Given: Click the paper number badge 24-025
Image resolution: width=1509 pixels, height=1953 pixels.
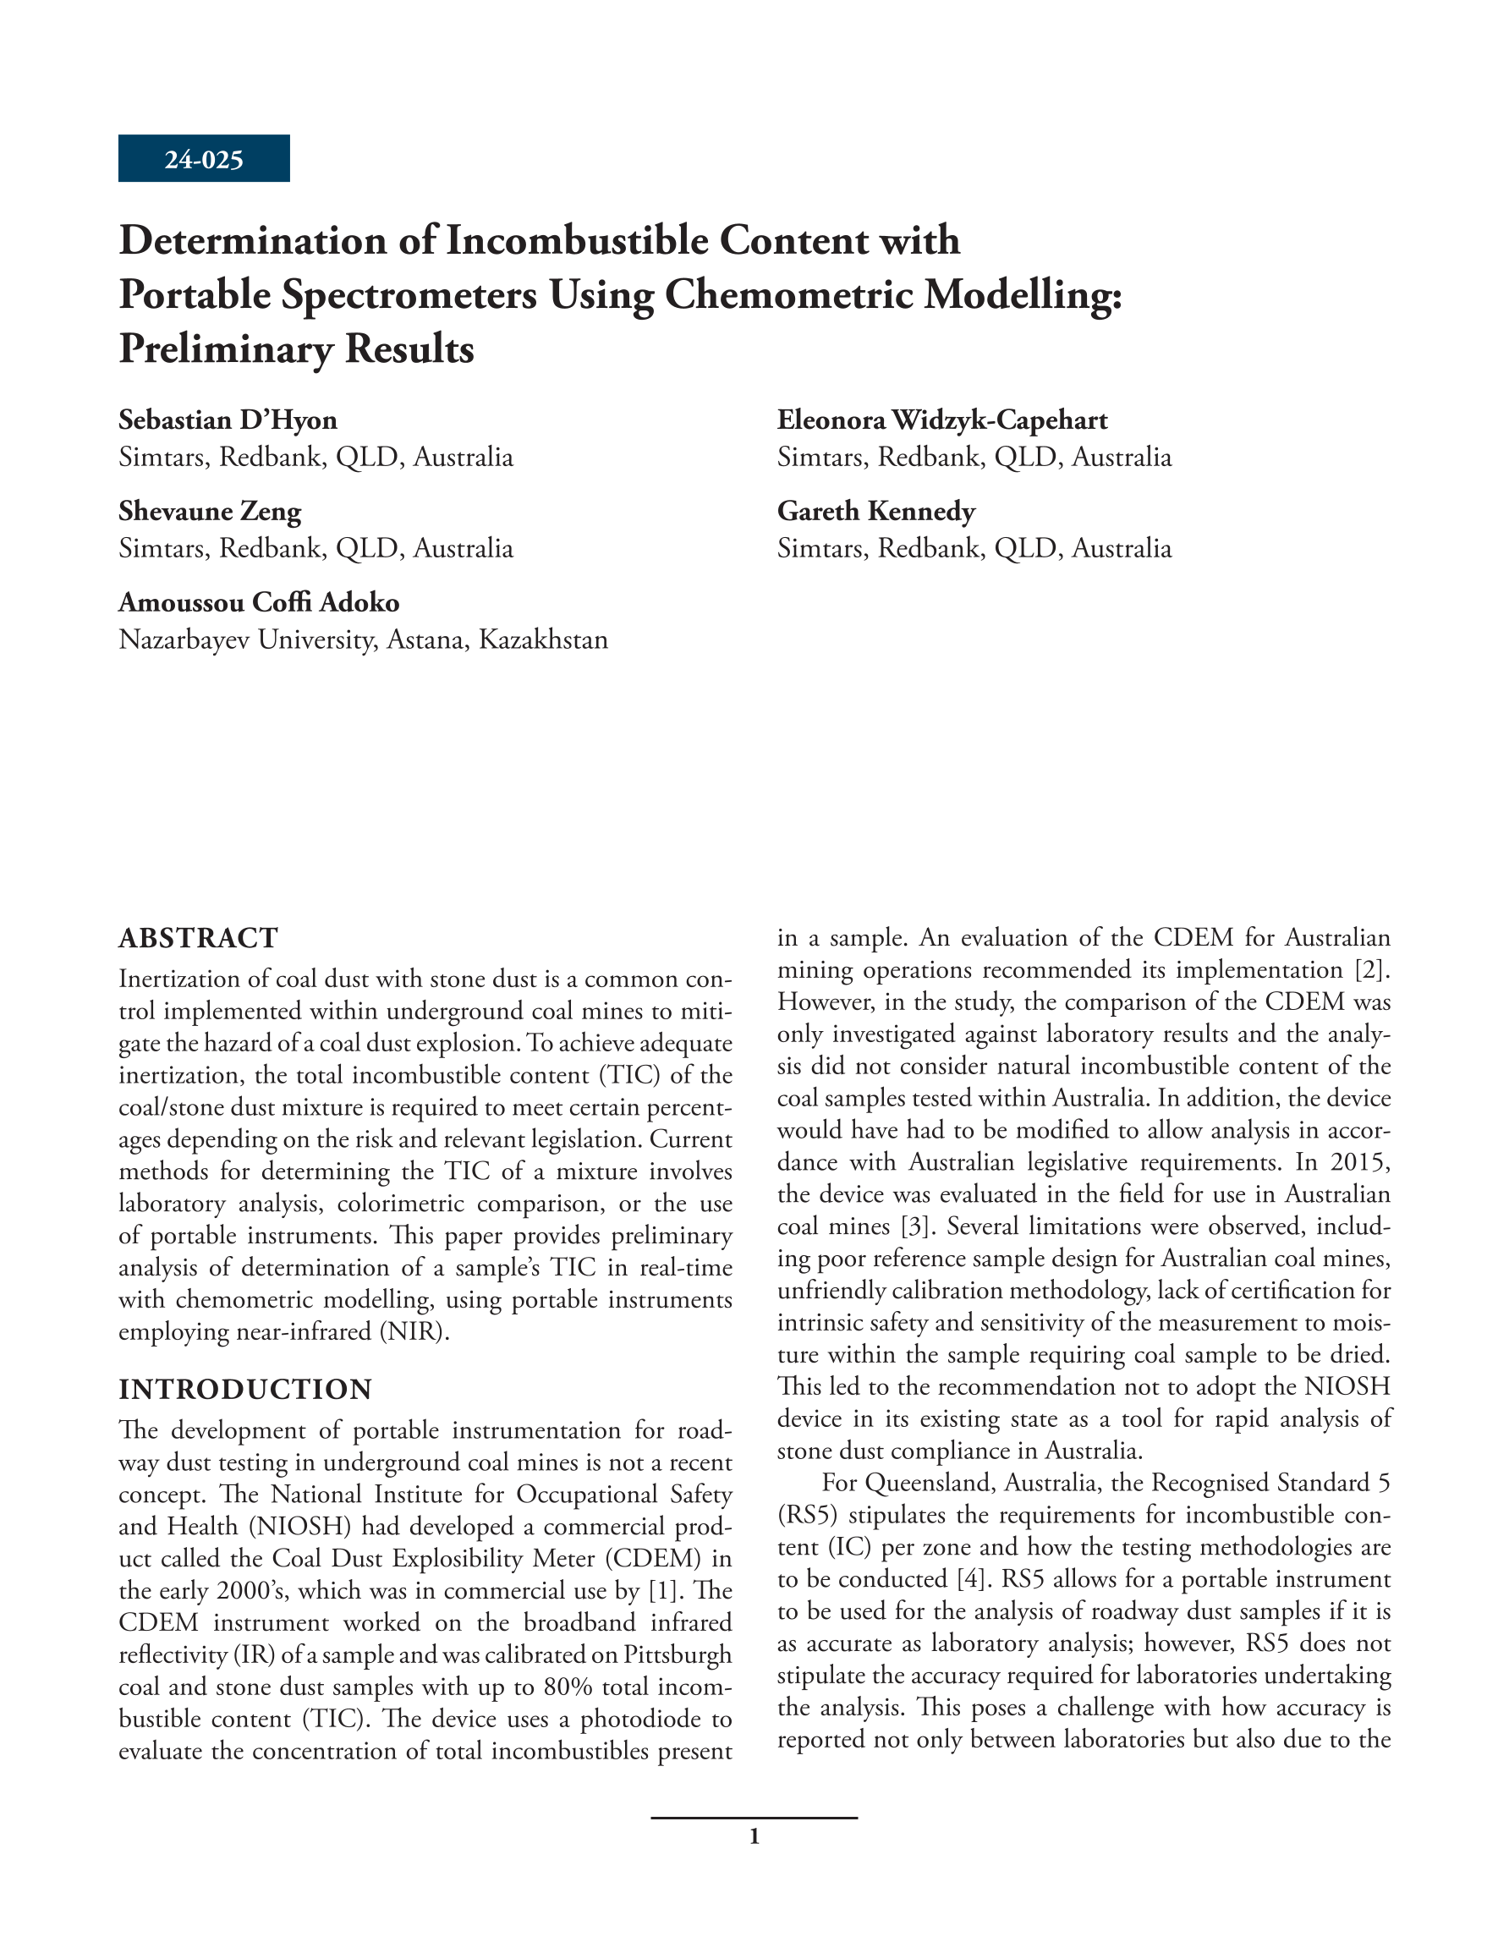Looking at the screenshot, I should [x=204, y=159].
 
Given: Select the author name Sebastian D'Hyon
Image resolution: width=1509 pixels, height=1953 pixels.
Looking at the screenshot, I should [x=228, y=420].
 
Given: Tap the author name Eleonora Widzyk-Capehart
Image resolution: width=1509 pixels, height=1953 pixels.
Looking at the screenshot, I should [x=942, y=420].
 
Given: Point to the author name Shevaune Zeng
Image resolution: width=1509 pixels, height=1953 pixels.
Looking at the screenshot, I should [x=211, y=511].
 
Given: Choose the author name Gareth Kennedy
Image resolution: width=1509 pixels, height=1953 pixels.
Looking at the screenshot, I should [x=875, y=511].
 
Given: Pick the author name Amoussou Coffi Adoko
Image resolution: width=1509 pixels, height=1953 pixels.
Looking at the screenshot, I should [x=260, y=602].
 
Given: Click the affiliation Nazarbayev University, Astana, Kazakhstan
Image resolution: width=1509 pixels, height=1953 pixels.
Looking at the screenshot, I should [x=363, y=639].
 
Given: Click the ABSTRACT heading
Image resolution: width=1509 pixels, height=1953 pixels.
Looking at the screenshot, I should [x=199, y=938].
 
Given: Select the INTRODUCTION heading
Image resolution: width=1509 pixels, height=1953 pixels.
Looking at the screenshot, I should [x=246, y=1389].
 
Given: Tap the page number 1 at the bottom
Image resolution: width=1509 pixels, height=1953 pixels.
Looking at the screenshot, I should [x=754, y=1837].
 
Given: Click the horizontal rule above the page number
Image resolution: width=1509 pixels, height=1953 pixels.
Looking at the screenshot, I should [x=754, y=1817].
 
